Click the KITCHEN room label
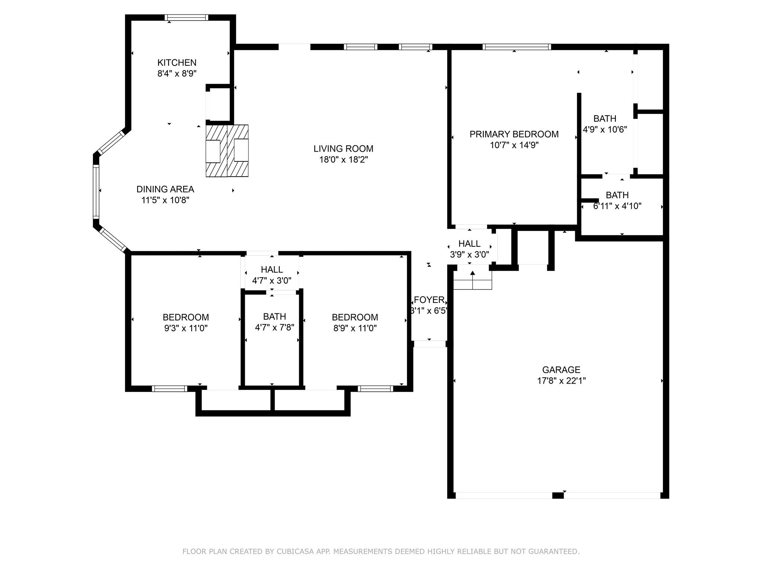click(177, 62)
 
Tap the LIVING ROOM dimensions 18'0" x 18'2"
click(343, 160)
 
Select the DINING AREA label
click(165, 189)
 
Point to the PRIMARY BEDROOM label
click(514, 134)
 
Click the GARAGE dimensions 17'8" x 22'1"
click(561, 381)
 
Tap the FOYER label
click(429, 300)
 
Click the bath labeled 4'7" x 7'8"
click(275, 322)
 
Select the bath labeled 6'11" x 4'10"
click(617, 200)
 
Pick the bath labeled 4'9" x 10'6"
click(605, 124)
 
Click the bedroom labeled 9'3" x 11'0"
click(186, 323)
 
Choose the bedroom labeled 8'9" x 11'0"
click(355, 323)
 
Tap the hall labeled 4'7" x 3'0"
click(272, 275)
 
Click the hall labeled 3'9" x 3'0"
click(469, 249)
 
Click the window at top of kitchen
click(186, 17)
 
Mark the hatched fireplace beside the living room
click(227, 151)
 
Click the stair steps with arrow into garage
click(473, 281)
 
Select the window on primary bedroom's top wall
click(516, 47)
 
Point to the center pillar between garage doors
click(557, 495)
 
